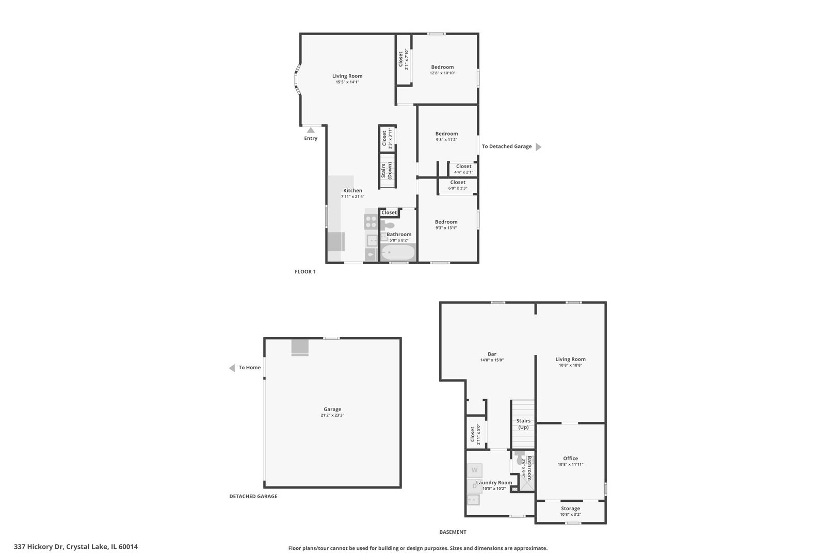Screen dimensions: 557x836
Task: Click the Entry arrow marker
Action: coord(311,130)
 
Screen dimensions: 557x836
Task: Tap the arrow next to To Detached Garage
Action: coord(538,147)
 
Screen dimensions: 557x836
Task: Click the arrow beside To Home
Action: coord(232,368)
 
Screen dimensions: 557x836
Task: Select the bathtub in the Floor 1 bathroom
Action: coord(398,253)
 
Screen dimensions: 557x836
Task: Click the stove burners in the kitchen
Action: coord(371,222)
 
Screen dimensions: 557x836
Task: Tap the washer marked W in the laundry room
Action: coord(475,470)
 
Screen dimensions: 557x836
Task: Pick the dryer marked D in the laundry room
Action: coord(474,486)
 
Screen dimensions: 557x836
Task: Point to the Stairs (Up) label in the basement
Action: coord(523,424)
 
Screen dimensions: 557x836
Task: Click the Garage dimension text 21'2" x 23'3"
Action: coord(332,415)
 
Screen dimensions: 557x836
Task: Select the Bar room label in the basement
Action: coord(492,354)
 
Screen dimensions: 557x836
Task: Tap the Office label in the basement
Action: coord(570,458)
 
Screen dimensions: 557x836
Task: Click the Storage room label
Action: coord(570,509)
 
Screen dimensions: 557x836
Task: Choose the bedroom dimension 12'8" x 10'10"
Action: coord(442,73)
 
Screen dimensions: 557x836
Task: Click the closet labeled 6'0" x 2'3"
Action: coord(458,185)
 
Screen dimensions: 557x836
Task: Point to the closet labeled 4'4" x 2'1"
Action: coord(463,169)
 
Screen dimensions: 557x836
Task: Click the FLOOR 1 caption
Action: coord(305,272)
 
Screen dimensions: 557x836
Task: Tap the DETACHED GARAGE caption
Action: coord(253,497)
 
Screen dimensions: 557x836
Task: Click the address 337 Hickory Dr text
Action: coord(76,547)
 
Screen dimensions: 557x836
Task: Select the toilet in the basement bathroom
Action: coord(519,457)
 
